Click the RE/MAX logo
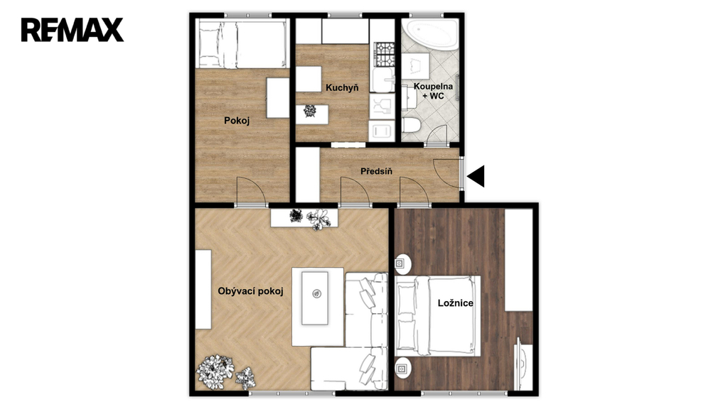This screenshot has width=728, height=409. pyautogui.click(x=72, y=30)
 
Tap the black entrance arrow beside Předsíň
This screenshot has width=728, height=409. pyautogui.click(x=476, y=176)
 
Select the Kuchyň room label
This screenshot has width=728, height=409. pyautogui.click(x=342, y=87)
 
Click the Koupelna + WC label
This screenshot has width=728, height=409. pyautogui.click(x=433, y=91)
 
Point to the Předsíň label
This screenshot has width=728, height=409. pyautogui.click(x=377, y=171)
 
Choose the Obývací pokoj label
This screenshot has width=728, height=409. pyautogui.click(x=251, y=291)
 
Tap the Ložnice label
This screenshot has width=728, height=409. pyautogui.click(x=456, y=302)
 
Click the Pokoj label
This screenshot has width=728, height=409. pyautogui.click(x=237, y=121)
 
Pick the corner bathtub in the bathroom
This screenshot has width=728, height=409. pyautogui.click(x=430, y=34)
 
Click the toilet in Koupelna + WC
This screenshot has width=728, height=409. pyautogui.click(x=412, y=124)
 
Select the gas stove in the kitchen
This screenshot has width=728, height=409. pyautogui.click(x=385, y=54)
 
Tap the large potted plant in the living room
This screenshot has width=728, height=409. pyautogui.click(x=215, y=371)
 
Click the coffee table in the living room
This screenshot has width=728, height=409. pyautogui.click(x=315, y=298)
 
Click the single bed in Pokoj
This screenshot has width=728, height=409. pyautogui.click(x=242, y=43)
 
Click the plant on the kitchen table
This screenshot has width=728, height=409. pyautogui.click(x=309, y=111)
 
